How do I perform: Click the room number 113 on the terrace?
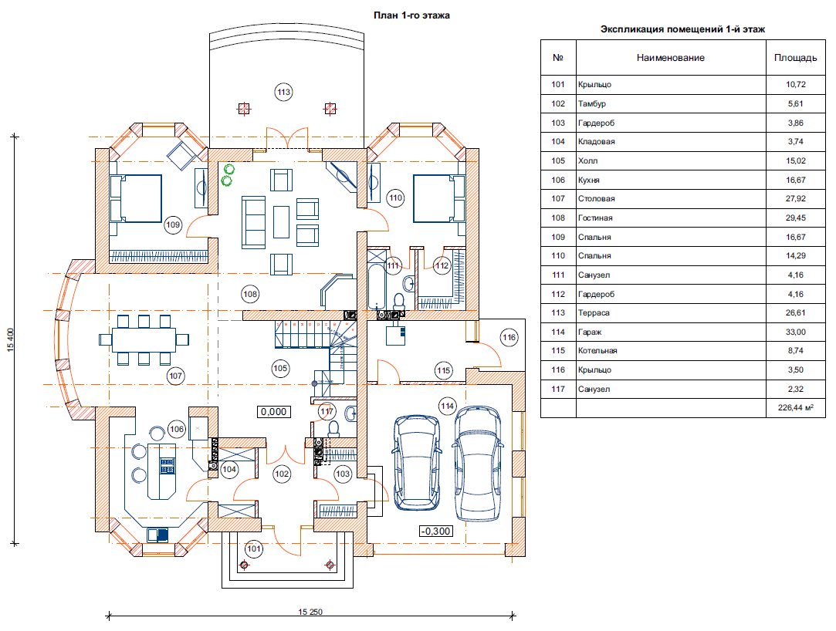point(283,93)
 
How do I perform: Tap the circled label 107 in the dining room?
point(175,376)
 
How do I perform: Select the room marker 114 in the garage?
point(447,406)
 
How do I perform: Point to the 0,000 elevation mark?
point(274,412)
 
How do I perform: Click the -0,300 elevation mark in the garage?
point(436,531)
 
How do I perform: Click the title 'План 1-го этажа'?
point(411,15)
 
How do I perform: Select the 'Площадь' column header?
point(795,58)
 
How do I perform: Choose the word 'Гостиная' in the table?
point(595,218)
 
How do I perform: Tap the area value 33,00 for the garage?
point(795,332)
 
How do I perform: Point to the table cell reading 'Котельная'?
point(597,351)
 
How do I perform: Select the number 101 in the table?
point(558,84)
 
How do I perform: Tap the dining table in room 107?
point(144,339)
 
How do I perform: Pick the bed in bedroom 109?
point(137,198)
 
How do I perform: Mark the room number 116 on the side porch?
point(508,337)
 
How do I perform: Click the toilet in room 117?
point(333,428)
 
